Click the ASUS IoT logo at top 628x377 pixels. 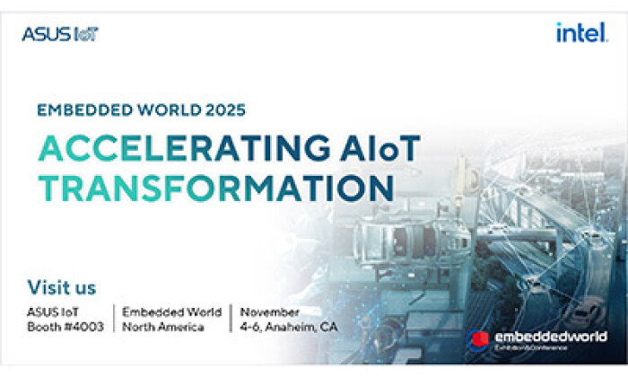[60, 34]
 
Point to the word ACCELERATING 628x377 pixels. [170, 146]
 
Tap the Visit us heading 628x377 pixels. [62, 288]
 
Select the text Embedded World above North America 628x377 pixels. [171, 311]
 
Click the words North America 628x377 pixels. [162, 327]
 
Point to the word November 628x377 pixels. [268, 311]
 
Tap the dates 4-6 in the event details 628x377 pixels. [249, 327]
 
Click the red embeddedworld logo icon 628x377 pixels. [478, 340]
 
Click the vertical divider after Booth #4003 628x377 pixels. [114, 319]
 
